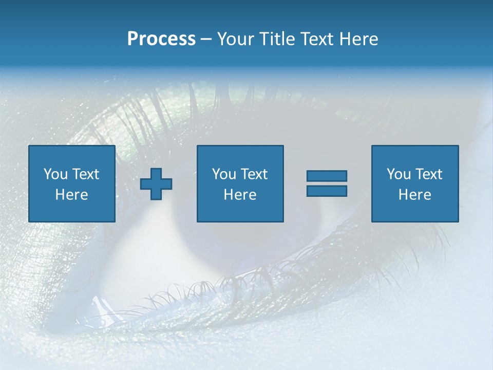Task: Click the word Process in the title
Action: (161, 39)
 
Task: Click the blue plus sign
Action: (156, 184)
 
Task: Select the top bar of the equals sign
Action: (327, 176)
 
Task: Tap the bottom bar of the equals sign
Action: (327, 191)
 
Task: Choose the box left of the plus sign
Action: (71, 183)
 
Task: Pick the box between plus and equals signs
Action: (240, 183)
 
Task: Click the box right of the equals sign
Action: (414, 183)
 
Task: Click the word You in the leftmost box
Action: (55, 174)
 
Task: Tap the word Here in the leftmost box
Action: (71, 195)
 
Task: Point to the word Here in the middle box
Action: (240, 195)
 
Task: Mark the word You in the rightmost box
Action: (399, 174)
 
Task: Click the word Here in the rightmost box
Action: (414, 195)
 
